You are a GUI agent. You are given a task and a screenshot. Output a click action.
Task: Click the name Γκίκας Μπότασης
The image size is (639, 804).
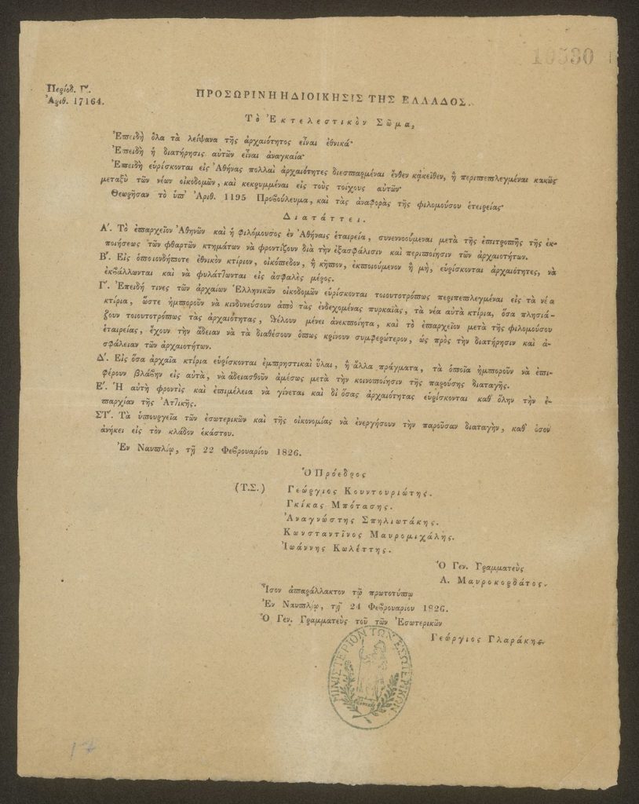[x=340, y=506]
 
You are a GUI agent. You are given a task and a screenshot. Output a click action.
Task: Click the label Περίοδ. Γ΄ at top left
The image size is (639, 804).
[x=64, y=89]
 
